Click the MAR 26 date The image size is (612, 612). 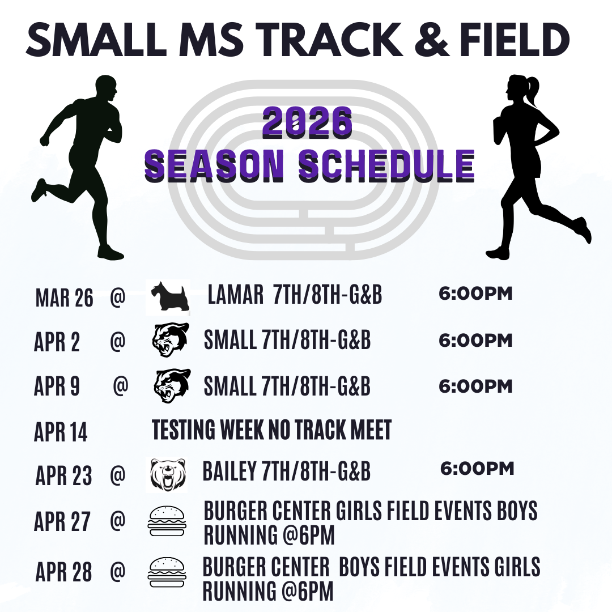click(65, 298)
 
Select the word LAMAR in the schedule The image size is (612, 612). click(235, 294)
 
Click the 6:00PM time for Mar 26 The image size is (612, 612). click(475, 294)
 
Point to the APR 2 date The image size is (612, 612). click(57, 342)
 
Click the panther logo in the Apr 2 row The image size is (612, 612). click(171, 339)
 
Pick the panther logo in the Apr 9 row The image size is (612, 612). click(172, 386)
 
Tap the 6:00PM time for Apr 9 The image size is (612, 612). click(475, 386)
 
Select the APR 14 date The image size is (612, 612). click(61, 432)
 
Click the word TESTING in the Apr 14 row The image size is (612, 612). click(184, 430)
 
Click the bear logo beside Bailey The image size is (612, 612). click(168, 475)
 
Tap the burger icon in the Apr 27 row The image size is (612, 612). click(167, 521)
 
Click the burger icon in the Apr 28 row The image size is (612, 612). click(167, 572)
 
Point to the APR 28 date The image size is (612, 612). click(63, 572)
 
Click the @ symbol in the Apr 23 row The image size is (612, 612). click(117, 475)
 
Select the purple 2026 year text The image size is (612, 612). click(308, 122)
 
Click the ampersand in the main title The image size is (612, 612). click(431, 39)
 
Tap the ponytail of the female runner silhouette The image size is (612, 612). click(532, 90)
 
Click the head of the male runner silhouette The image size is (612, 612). click(106, 89)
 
